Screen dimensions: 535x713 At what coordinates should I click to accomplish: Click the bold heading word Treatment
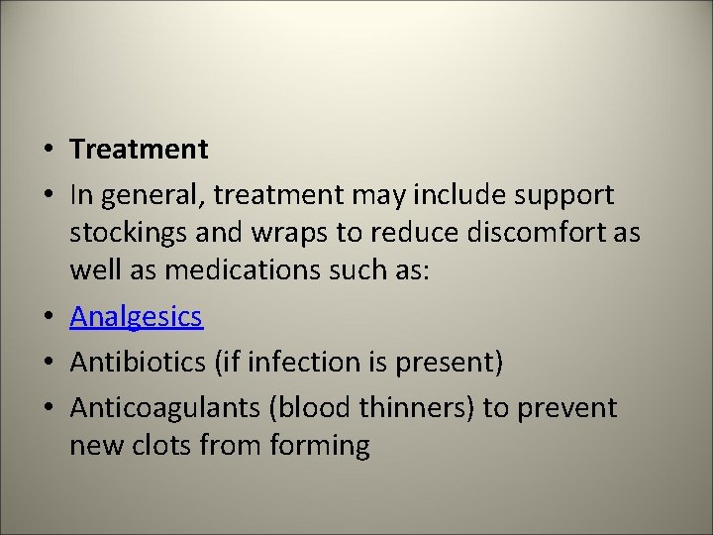[139, 150]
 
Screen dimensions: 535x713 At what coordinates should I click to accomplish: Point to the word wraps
[301, 234]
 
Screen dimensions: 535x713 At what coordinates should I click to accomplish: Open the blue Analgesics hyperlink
[136, 317]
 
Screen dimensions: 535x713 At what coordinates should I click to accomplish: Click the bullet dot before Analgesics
[49, 318]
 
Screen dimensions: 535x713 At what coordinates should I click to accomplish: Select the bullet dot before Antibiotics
[49, 364]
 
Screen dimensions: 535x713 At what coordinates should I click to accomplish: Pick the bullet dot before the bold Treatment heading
[49, 151]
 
